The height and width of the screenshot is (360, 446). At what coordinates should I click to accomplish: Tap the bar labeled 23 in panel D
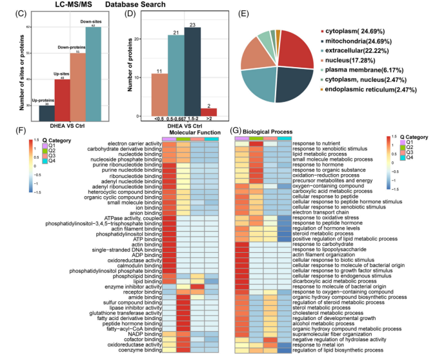point(192,72)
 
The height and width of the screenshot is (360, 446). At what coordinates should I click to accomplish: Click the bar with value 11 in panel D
point(160,94)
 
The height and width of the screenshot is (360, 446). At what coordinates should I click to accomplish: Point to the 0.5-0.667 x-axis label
point(176,119)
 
